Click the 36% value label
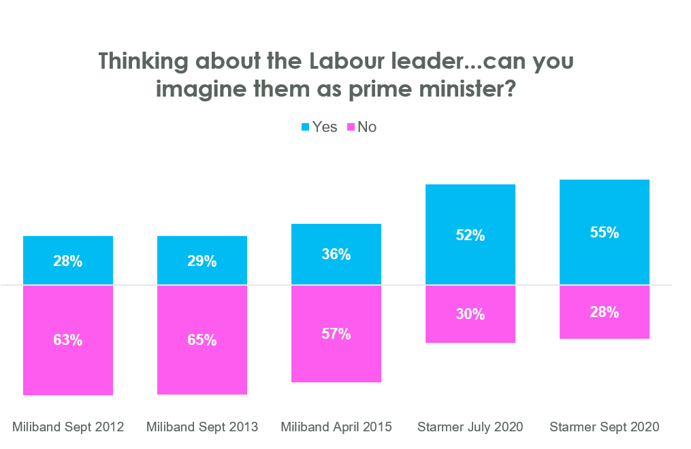point(336,254)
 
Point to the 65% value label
point(202,340)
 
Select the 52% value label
point(470,235)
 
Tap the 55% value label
point(605,232)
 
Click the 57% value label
point(336,333)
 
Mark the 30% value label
point(470,314)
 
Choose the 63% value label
point(68,340)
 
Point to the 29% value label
point(202,261)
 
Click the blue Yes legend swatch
point(305,127)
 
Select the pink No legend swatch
point(351,127)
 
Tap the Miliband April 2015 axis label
point(336,427)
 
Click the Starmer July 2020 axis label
point(470,427)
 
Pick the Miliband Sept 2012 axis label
point(68,427)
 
